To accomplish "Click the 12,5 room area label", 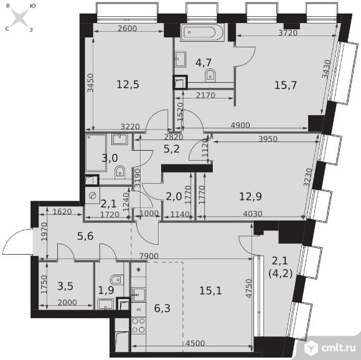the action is [x=128, y=85].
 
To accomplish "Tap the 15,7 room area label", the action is [x=286, y=85].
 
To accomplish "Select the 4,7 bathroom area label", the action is [x=204, y=63].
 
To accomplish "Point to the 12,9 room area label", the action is [x=250, y=197].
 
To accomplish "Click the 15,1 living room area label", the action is [x=210, y=291].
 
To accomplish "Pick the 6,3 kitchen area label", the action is [x=162, y=308].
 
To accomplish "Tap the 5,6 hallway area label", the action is [x=85, y=236].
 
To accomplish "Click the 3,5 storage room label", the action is [x=65, y=286].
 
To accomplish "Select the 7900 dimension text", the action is [x=149, y=256].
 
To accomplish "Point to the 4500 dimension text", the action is [x=195, y=343].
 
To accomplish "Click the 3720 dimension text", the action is [x=288, y=33].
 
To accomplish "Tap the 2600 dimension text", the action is [x=127, y=28].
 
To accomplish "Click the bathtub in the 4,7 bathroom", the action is [x=202, y=32].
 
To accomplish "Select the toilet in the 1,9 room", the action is [x=116, y=280].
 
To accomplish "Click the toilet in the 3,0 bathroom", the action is [x=120, y=172].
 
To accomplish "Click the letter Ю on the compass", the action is [x=33, y=6].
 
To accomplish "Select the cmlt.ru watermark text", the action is [x=338, y=348].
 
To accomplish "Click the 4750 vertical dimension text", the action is [x=248, y=288].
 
